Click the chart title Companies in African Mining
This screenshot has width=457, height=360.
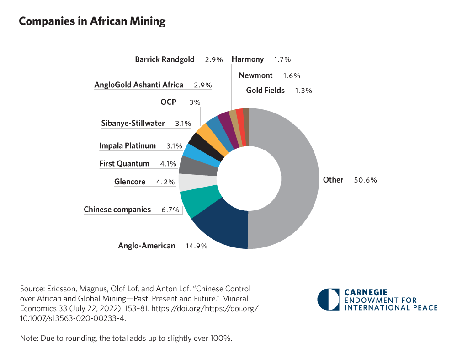tap(92, 21)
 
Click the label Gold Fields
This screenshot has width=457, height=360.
tap(265, 91)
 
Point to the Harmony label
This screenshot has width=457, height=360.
tap(248, 59)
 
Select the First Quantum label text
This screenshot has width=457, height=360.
tap(124, 164)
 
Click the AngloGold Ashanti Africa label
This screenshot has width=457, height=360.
tap(138, 85)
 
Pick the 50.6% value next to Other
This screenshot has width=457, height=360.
tap(365, 180)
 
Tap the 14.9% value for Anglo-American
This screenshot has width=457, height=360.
tap(197, 246)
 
